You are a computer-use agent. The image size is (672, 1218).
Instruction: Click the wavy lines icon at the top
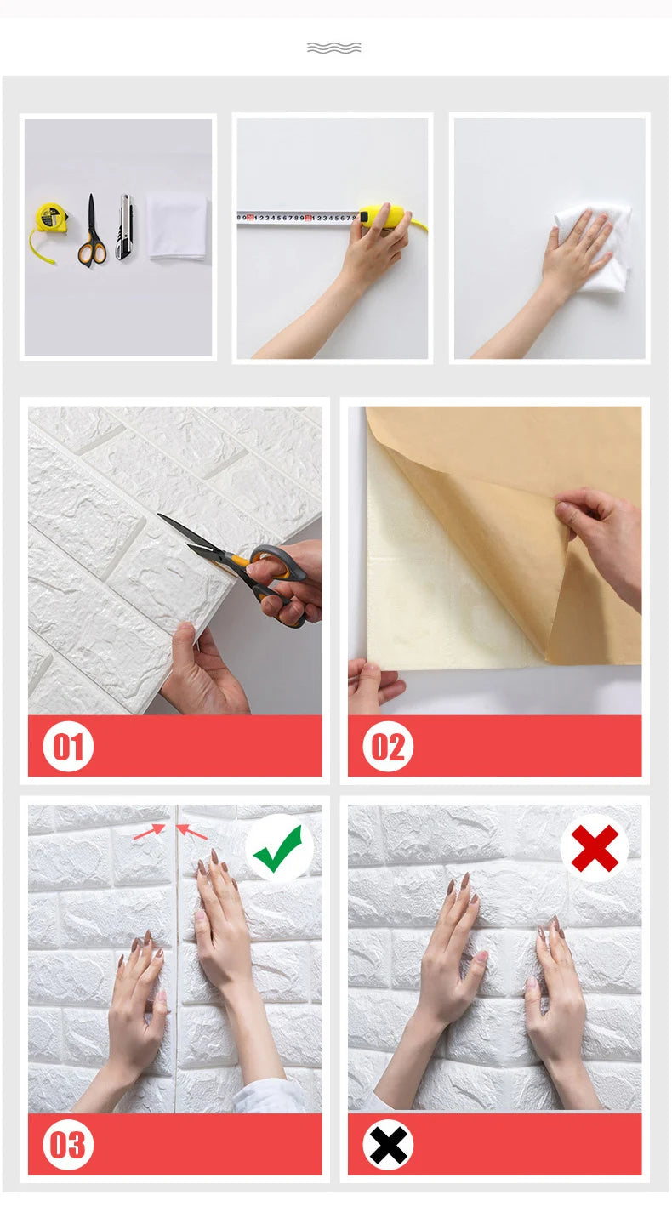[333, 48]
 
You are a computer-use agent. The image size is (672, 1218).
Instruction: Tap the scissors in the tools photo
[91, 234]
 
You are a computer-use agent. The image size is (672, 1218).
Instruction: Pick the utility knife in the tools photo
[124, 227]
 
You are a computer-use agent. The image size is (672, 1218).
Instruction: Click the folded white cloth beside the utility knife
[177, 226]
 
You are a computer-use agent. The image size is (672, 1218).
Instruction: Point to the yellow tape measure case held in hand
[383, 217]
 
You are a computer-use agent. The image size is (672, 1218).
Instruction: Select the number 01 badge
[68, 746]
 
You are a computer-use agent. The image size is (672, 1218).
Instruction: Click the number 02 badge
[388, 746]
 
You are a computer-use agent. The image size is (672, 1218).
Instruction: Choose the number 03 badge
[68, 1144]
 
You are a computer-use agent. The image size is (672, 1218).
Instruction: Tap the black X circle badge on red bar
[388, 1144]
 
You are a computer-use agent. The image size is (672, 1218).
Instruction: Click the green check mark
[278, 848]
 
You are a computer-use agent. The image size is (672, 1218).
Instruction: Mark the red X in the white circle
[595, 848]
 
